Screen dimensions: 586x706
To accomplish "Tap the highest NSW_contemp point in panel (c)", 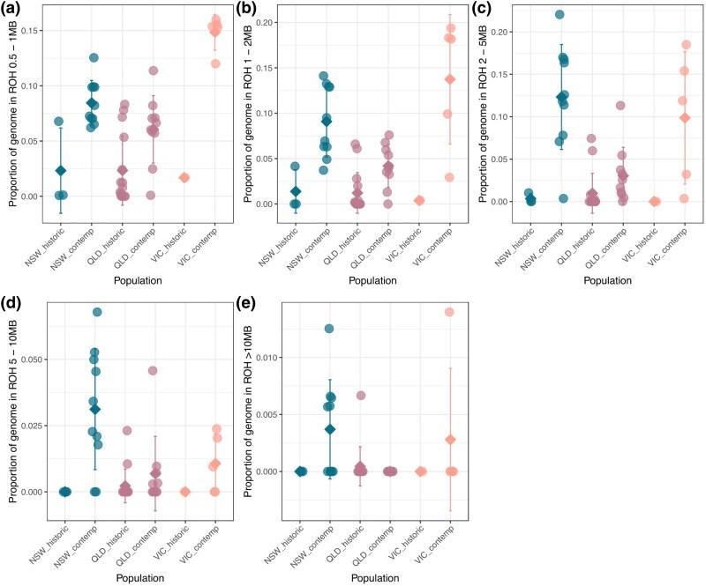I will (x=560, y=15).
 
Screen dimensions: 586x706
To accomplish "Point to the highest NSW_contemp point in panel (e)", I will (x=329, y=329).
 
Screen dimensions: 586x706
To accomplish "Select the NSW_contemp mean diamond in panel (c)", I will (x=560, y=97).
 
